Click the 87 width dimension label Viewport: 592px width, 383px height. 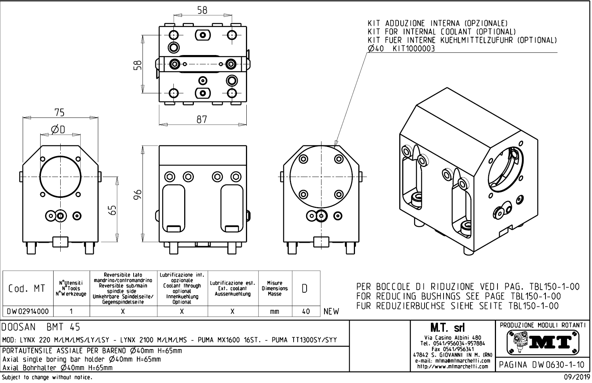[202, 119]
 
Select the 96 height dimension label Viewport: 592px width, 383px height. [138, 194]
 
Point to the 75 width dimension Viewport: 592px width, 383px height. [60, 112]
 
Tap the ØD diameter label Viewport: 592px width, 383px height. [58, 129]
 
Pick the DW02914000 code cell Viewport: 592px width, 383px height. [28, 312]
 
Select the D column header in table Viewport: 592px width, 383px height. [305, 289]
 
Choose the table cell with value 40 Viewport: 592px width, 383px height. [306, 312]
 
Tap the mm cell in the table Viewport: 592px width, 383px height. [275, 312]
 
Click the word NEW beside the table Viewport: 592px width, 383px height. [332, 312]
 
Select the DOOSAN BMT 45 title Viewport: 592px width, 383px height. [41, 328]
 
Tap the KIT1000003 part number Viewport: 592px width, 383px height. [414, 49]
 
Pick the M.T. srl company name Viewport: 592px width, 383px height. [447, 328]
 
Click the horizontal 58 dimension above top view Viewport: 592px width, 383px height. [202, 10]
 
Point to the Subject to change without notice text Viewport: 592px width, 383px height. [47, 378]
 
